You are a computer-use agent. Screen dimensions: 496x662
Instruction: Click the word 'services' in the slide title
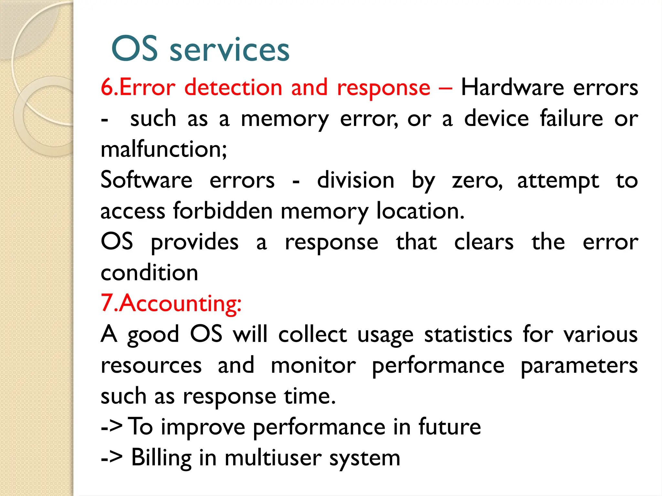229,50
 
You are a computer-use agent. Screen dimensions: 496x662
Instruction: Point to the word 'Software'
146,180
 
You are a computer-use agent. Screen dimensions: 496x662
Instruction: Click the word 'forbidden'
223,211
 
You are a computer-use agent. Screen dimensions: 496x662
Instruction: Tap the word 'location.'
420,211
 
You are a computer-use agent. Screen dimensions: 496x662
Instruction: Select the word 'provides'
195,242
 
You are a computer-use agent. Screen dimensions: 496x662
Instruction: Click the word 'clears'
484,242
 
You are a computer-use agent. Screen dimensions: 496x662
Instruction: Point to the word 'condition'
149,273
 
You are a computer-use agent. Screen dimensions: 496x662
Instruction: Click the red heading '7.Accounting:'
171,304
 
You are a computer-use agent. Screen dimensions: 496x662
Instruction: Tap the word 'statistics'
468,335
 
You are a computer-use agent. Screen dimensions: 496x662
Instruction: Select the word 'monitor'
313,366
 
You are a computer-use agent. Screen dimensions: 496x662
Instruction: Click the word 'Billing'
161,458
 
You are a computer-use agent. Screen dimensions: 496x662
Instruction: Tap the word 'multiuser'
273,458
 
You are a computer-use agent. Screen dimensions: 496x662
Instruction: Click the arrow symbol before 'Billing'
112,458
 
